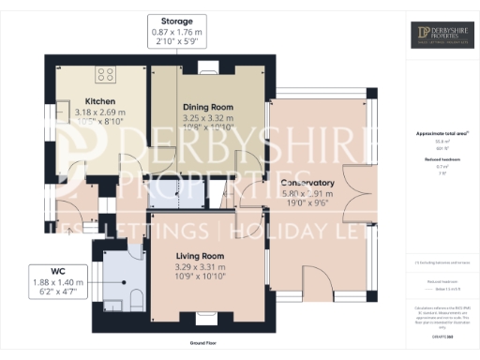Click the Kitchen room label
click(100, 101)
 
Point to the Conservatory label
click(307, 183)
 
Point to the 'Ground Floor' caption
click(203, 343)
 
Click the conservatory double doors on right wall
click(360, 192)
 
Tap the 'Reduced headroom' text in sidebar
click(438, 159)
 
